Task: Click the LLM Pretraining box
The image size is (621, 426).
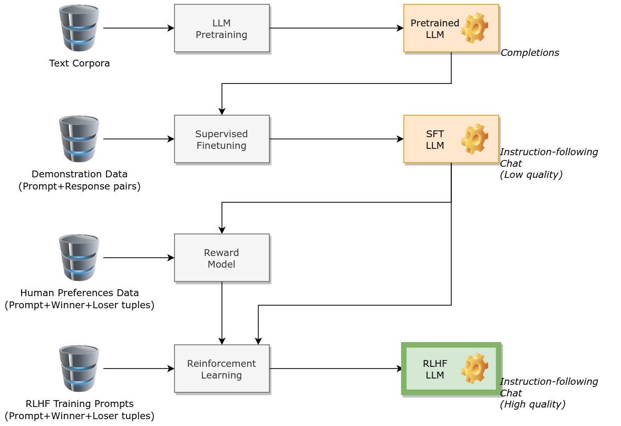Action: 221,29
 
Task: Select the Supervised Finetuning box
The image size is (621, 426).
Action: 221,139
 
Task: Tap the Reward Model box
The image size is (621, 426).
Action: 221,258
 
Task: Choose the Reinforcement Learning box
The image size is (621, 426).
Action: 221,369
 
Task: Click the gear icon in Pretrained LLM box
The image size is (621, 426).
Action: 474,29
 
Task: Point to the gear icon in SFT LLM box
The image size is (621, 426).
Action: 474,139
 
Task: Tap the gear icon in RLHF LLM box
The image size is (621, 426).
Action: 474,369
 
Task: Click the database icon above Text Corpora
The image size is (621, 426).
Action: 79,27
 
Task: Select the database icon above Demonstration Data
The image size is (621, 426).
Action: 79,139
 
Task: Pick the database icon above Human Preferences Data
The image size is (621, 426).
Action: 79,258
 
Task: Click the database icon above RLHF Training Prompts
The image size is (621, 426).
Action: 79,368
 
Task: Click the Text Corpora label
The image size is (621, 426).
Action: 80,63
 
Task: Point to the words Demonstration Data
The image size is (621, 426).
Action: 80,174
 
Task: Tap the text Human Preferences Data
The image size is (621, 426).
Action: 80,293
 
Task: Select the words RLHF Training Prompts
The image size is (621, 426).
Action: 80,404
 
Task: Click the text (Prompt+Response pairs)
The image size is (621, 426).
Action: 80,186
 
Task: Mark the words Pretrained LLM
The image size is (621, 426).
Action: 435,29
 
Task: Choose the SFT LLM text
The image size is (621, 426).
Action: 435,140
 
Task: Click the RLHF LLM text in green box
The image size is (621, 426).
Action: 435,370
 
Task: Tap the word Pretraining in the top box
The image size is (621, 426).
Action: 221,35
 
